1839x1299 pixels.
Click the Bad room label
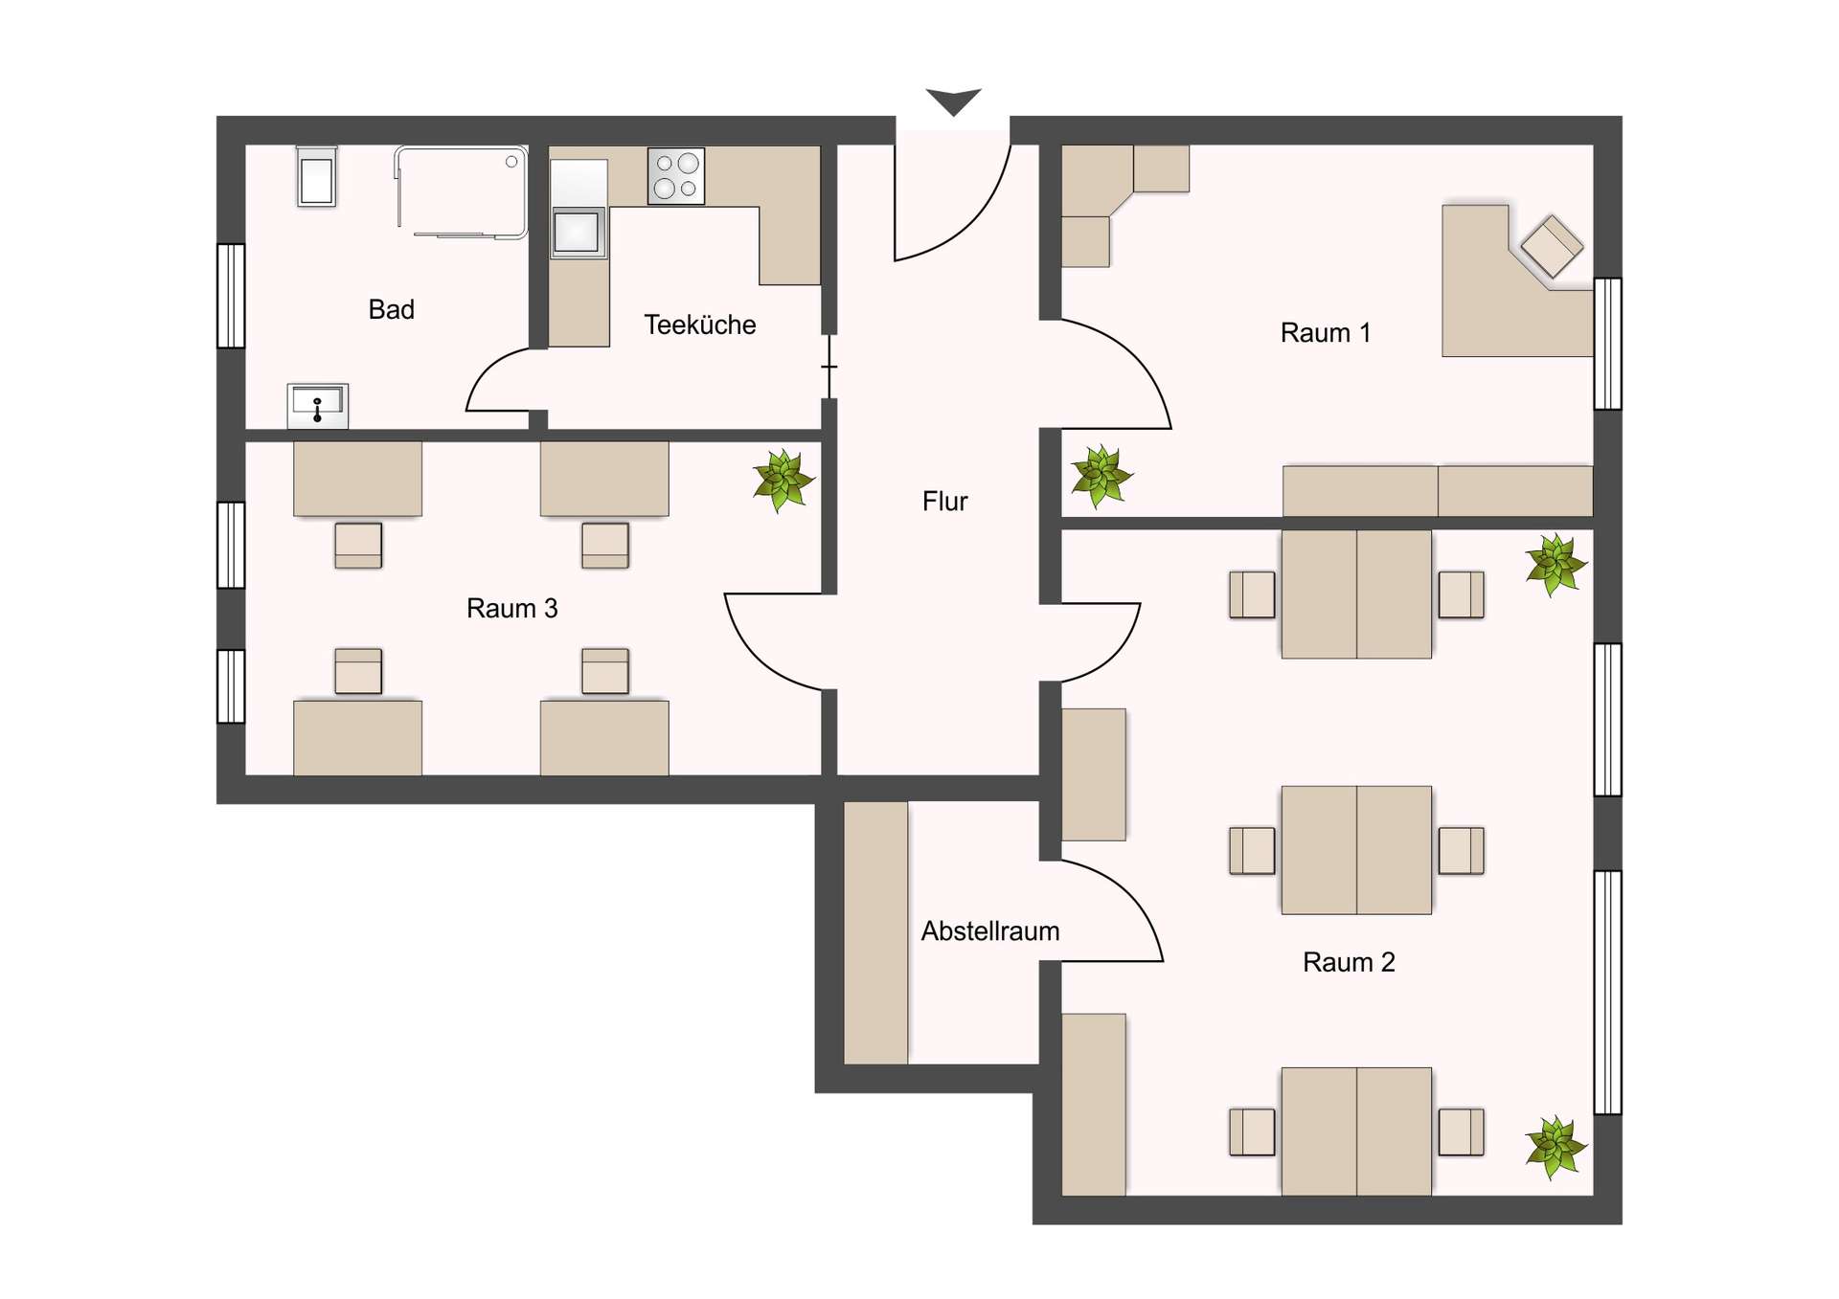pos(391,309)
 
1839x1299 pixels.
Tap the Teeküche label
pos(699,325)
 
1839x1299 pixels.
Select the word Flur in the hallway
pos(944,501)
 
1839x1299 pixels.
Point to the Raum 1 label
pos(1325,332)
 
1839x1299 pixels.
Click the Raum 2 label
pos(1349,962)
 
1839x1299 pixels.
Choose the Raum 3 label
pos(511,608)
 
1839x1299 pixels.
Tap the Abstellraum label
pos(990,930)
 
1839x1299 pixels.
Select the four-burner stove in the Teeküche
pos(676,175)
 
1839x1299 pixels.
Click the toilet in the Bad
pos(316,177)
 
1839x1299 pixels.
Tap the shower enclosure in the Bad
pos(461,191)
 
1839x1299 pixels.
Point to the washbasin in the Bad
pos(318,406)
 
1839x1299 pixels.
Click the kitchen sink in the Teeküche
pos(578,232)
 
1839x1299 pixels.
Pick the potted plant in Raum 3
pos(783,481)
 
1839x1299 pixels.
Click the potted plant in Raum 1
pos(1101,476)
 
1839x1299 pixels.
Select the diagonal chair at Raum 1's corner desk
pos(1552,246)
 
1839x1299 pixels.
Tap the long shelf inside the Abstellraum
pos(875,932)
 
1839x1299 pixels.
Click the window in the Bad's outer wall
pos(231,296)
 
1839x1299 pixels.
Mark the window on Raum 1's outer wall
pos(1608,344)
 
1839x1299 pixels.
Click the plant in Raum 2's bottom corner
pos(1556,1147)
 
